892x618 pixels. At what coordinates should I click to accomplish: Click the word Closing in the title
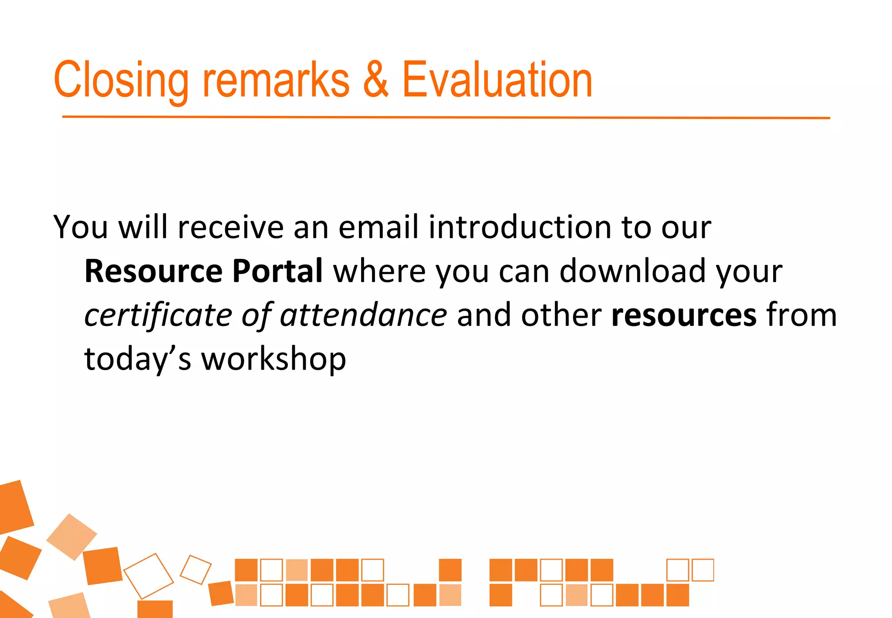point(121,81)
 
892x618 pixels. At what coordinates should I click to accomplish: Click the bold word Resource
point(153,271)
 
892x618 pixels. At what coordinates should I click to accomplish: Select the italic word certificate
point(158,315)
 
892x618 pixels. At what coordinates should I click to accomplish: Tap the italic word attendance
point(363,315)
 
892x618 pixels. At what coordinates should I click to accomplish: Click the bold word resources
point(684,315)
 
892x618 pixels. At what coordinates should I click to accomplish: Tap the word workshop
point(274,360)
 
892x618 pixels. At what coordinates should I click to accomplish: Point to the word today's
point(138,360)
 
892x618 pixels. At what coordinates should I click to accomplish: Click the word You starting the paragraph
point(80,227)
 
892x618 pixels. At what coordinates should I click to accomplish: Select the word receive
point(231,227)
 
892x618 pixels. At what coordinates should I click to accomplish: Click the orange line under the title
point(446,117)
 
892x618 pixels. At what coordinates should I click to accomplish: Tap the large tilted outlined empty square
point(149,576)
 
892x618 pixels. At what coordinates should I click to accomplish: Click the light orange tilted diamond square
point(71,537)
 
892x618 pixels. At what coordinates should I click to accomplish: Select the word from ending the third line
point(801,315)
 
